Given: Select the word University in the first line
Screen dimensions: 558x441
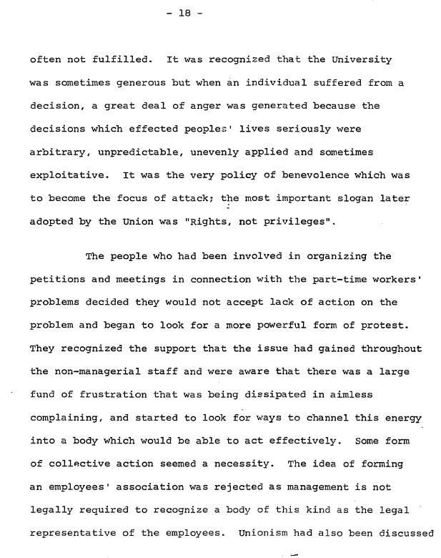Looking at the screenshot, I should (362, 59).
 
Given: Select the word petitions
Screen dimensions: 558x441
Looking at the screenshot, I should (57, 280).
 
